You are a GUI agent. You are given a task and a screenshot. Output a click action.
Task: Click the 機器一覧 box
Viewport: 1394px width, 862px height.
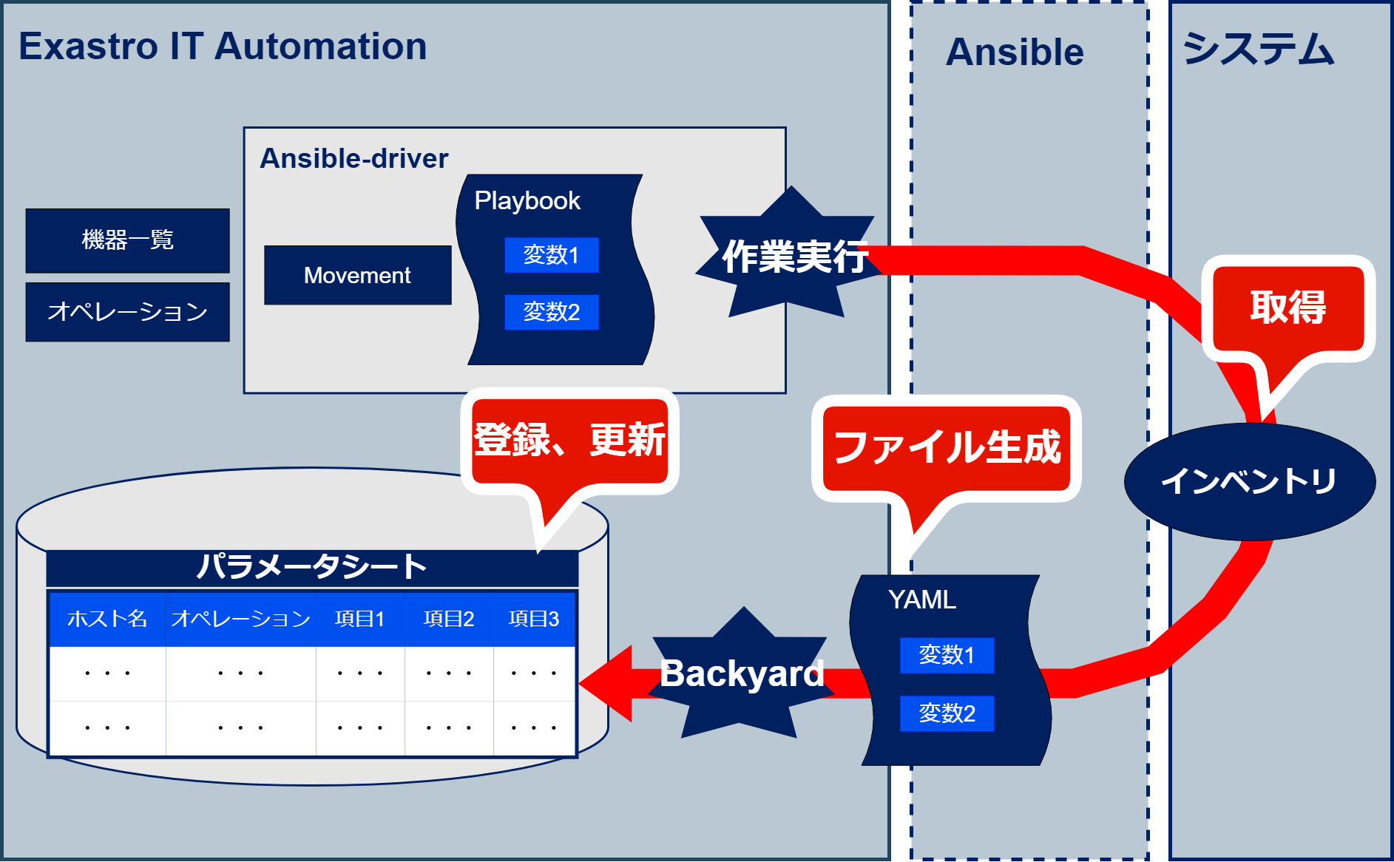127,240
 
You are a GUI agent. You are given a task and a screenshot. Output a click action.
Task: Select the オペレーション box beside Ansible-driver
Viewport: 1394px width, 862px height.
127,312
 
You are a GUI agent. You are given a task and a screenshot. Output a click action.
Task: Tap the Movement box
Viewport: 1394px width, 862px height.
357,275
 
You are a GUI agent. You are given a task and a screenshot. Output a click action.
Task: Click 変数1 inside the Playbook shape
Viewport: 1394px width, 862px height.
551,255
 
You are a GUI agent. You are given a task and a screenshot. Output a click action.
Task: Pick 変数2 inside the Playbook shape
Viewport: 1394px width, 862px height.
551,312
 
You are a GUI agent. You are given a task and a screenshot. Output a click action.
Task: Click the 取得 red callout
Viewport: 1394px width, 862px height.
1288,308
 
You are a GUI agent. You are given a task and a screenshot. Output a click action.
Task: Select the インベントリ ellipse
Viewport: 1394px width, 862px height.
1249,481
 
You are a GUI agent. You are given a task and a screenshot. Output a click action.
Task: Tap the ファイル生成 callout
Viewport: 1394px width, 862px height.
947,448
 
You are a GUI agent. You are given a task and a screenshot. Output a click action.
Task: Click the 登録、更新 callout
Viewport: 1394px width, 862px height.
569,441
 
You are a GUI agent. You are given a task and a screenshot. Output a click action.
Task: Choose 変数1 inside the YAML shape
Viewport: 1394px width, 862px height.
947,655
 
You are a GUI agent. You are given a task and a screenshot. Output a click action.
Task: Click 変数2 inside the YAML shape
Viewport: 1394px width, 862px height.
947,713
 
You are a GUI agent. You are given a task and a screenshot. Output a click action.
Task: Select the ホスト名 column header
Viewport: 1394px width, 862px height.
107,619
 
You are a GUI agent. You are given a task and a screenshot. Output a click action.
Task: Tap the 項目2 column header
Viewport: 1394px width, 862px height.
449,619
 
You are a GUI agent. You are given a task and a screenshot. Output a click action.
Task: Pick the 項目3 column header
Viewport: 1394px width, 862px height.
534,619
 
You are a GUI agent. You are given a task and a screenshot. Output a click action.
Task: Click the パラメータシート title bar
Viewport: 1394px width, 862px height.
311,568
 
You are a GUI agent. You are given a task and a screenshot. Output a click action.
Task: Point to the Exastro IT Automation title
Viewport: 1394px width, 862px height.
223,47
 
